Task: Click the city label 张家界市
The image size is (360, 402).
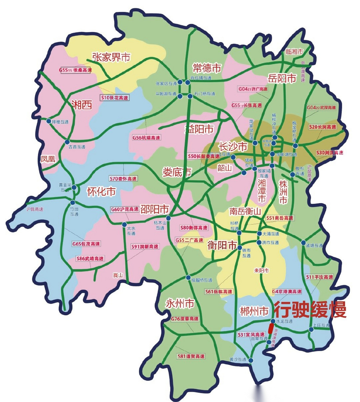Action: (111, 57)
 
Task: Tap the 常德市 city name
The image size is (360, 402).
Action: (207, 68)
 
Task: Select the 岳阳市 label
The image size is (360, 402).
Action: (282, 78)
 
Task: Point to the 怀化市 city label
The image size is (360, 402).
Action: (101, 191)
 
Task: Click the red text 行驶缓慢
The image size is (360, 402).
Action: (310, 310)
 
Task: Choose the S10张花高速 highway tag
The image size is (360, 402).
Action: (115, 98)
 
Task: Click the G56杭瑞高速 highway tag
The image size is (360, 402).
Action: (146, 138)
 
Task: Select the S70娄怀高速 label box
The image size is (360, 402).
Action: (123, 178)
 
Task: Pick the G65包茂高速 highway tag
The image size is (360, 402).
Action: (86, 244)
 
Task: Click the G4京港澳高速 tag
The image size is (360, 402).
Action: (287, 291)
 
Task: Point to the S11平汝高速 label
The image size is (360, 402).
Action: (320, 277)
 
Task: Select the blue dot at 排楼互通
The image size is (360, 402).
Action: (49, 121)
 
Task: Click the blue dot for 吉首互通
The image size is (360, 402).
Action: (67, 142)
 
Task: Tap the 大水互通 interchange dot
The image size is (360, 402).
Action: (124, 225)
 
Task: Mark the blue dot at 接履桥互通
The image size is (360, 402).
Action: (188, 278)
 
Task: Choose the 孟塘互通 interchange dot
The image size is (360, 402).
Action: (303, 243)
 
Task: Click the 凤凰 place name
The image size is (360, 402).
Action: (48, 159)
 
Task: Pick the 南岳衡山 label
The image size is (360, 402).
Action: (245, 211)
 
